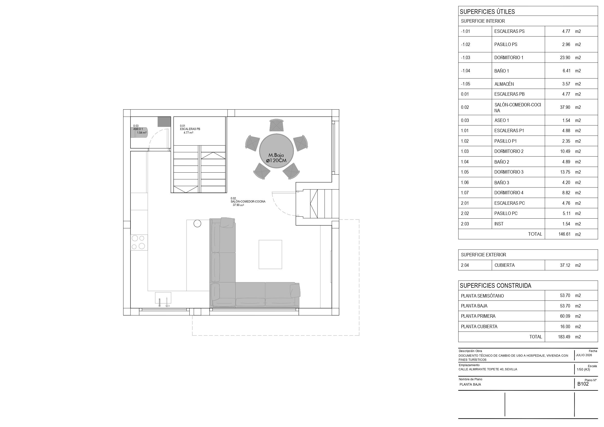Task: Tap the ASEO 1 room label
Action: tap(138, 129)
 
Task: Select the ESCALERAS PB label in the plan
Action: tap(190, 129)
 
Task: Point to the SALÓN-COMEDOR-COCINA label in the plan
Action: tap(248, 202)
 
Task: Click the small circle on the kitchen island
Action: tap(197, 224)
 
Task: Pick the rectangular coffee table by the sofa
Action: tap(270, 254)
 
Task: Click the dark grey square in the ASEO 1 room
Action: tap(164, 122)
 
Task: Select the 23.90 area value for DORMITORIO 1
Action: tap(565, 58)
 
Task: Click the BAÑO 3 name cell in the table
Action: tap(502, 183)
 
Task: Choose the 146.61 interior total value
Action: tap(565, 234)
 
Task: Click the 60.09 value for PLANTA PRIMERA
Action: tap(565, 316)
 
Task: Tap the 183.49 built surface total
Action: tap(564, 337)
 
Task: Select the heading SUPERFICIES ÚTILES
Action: tap(487, 12)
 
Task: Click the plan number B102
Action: tap(583, 384)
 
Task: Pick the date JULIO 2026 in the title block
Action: tap(584, 355)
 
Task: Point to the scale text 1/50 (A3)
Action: tap(584, 369)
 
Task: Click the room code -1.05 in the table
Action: tap(466, 84)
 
